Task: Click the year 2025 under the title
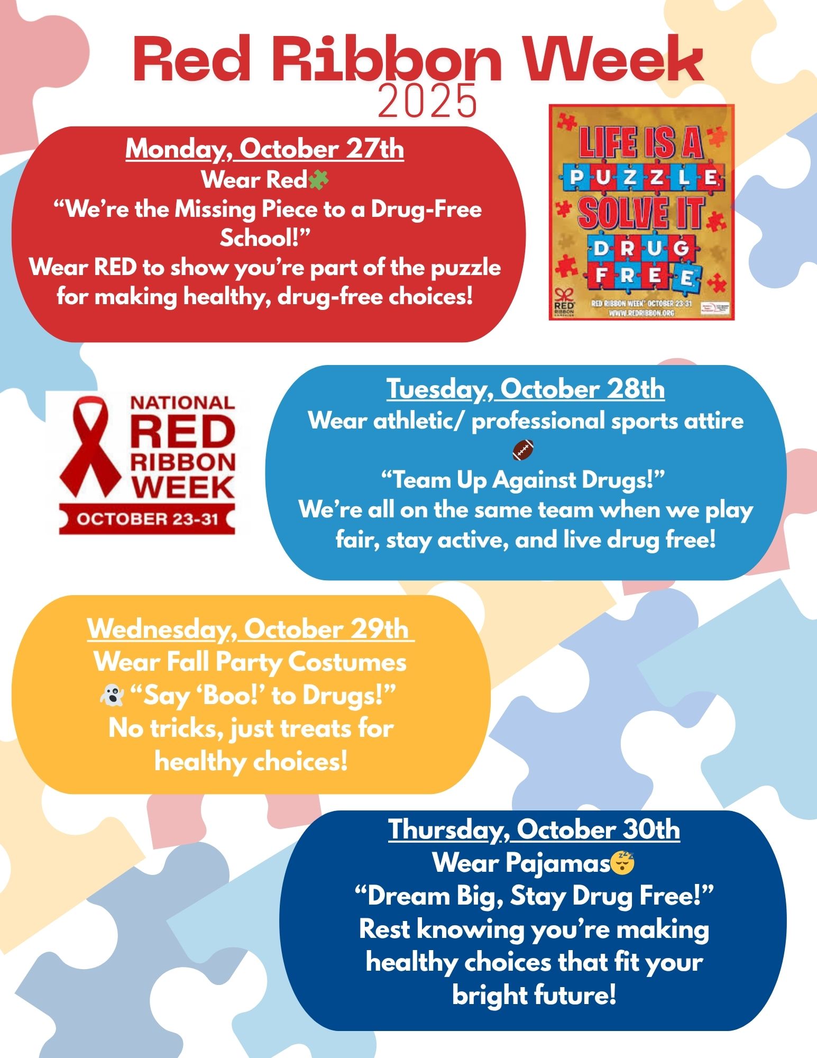coord(427,101)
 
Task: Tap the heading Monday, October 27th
coord(264,149)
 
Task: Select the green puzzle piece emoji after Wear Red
coord(319,180)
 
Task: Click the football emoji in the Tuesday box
coord(523,450)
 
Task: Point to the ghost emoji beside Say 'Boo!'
coord(112,696)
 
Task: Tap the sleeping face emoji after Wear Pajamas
coord(623,863)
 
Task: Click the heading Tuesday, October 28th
coord(525,389)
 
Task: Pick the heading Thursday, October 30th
coord(534,829)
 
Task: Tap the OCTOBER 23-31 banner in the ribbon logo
coord(147,519)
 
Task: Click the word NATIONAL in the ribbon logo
coord(182,403)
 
